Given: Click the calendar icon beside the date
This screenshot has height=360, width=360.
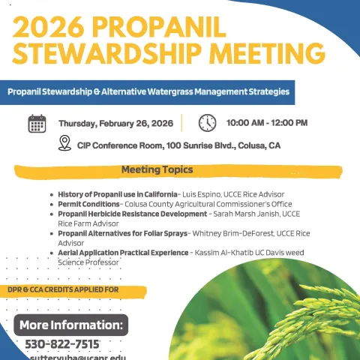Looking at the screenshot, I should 37,124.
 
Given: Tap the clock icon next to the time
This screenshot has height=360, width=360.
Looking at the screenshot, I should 207,123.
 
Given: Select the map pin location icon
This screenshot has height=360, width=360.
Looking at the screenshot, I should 64,143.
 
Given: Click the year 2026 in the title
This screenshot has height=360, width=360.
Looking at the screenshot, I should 48,27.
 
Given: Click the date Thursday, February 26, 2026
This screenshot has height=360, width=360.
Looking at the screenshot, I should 115,124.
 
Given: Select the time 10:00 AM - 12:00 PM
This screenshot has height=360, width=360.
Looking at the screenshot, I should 266,123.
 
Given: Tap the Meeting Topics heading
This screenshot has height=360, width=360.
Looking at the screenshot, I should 157,169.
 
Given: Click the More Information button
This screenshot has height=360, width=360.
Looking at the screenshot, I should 71,325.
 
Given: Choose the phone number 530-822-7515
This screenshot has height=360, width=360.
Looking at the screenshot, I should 62,344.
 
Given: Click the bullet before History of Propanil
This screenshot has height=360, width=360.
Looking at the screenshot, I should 51,194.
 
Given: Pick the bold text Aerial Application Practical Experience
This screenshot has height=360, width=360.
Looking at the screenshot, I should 123,253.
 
